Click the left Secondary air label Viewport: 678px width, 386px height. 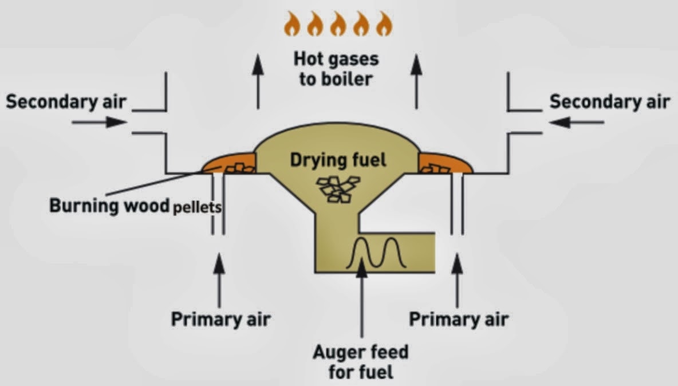pos(66,102)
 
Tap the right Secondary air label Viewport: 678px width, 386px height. pos(610,102)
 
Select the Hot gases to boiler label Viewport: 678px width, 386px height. pos(336,69)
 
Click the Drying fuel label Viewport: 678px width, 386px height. pos(338,160)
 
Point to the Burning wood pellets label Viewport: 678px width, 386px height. pos(136,206)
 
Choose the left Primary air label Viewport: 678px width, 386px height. pos(220,320)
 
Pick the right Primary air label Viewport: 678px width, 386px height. pos(459,320)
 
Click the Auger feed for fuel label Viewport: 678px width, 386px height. pos(361,362)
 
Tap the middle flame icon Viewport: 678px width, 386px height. pos(338,24)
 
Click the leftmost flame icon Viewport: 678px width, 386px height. pos(292,24)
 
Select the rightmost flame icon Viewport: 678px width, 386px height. pos(384,24)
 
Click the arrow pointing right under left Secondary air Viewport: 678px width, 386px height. pos(100,123)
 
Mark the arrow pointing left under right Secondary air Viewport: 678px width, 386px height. pos(577,123)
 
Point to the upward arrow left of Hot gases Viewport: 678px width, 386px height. pos(258,81)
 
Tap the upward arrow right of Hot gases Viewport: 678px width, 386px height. pos(416,81)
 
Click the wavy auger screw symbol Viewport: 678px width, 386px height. pos(376,253)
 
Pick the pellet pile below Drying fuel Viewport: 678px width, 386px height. pos(338,189)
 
